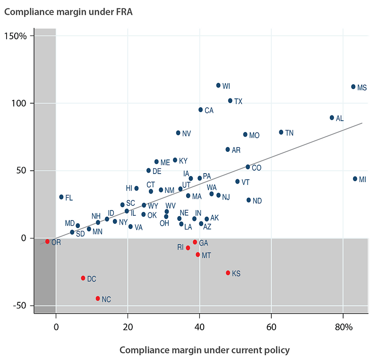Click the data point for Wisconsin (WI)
(x=218, y=86)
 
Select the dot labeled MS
(x=353, y=87)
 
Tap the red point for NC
(x=98, y=299)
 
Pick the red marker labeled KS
(x=228, y=273)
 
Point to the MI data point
(x=355, y=179)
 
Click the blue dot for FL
(x=61, y=197)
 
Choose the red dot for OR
(x=47, y=241)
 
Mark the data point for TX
(x=230, y=101)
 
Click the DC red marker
(x=83, y=278)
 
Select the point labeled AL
(x=332, y=118)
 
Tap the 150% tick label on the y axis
(x=17, y=36)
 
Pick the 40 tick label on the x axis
(x=199, y=327)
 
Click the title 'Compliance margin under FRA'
(x=68, y=12)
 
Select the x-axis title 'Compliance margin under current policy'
(x=204, y=350)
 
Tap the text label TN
(x=290, y=133)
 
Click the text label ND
(x=257, y=201)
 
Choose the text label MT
(x=206, y=255)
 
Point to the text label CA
(x=209, y=111)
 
